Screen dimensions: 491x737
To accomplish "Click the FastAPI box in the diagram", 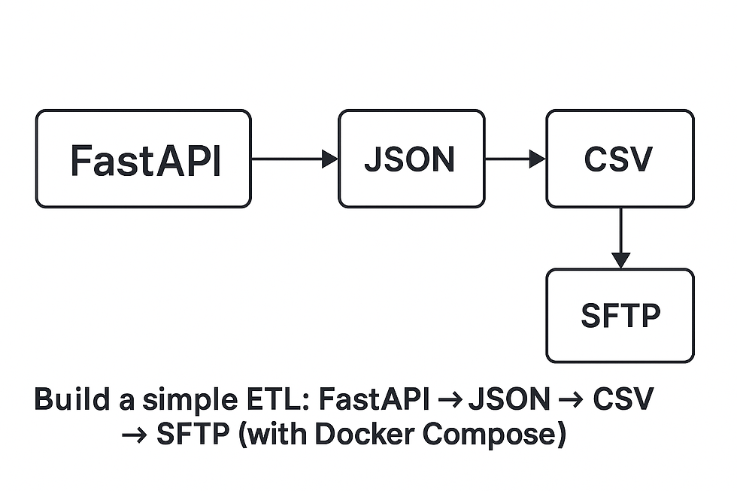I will coord(143,159).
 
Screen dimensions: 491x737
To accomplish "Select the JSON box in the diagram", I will coord(411,159).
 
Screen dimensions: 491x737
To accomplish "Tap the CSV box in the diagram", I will coord(620,159).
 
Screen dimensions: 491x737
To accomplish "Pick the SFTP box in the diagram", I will coord(620,315).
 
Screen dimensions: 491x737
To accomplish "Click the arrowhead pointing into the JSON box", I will coord(330,159).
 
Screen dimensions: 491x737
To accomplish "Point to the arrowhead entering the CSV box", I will coord(538,159).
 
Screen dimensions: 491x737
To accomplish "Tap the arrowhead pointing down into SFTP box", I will coord(620,260).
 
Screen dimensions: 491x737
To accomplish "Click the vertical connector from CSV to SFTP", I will coord(620,229).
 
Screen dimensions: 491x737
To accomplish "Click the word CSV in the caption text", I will coord(623,399).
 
